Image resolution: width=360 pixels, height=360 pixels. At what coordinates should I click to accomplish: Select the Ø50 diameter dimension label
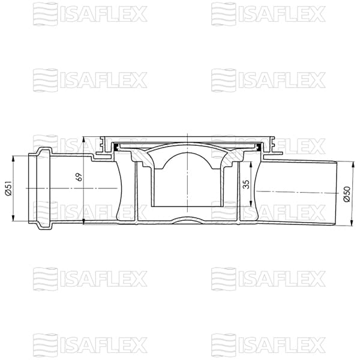point(347,193)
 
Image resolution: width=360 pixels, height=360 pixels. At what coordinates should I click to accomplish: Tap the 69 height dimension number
point(79,178)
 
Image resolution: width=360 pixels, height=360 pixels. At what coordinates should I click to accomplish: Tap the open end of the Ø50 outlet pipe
point(335,193)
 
